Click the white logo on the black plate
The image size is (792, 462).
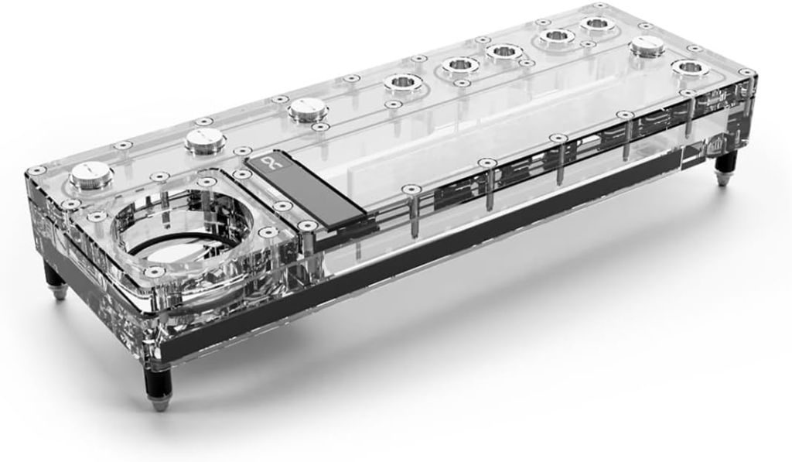pos(265,165)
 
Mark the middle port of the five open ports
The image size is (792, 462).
pos(504,52)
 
